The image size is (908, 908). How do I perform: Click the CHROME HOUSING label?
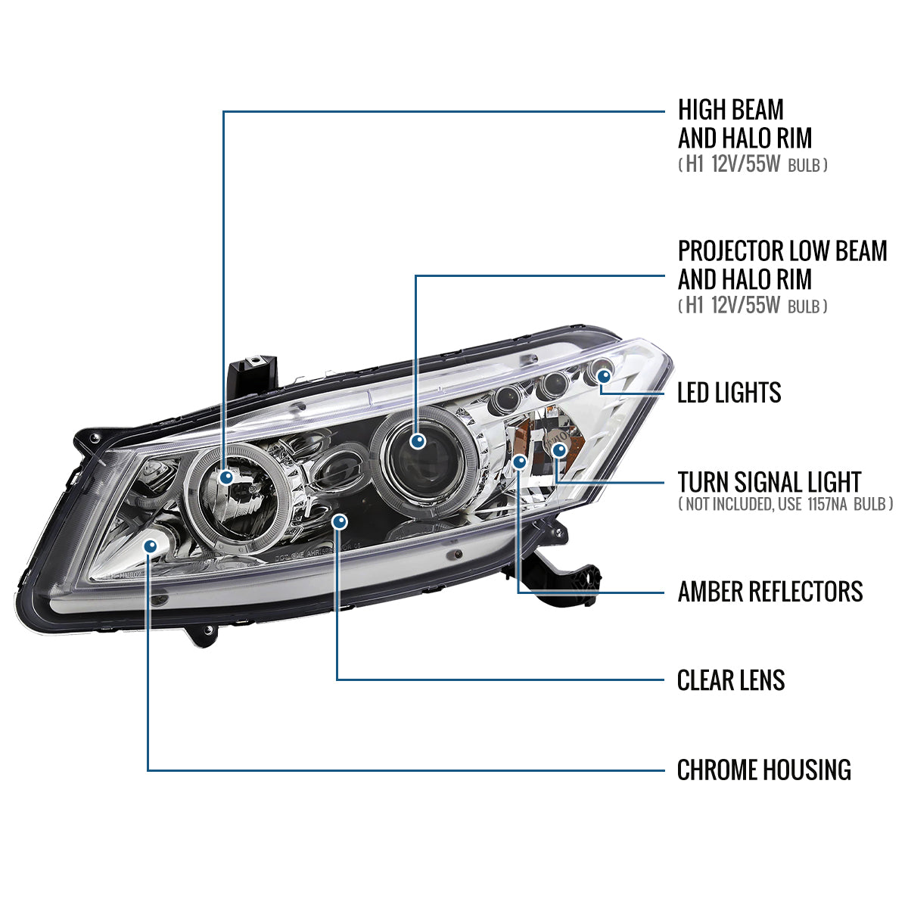pos(763,770)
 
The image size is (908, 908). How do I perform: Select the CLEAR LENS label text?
pos(730,680)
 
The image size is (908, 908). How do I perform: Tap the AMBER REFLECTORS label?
pos(770,591)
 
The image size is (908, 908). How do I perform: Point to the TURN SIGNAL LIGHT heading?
pos(769,482)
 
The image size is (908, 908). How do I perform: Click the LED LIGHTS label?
pos(729,393)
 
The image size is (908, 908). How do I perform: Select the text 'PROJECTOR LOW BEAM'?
pos(782,251)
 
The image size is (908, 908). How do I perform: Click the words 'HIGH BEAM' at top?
pos(730,110)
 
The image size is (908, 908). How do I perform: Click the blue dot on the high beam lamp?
pos(226,477)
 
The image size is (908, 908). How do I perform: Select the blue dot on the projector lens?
pos(416,441)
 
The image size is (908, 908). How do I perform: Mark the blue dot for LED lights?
pos(603,375)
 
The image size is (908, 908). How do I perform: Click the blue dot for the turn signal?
pos(558,451)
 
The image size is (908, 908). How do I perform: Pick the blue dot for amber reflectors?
pos(519,461)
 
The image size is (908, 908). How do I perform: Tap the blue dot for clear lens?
pos(340,521)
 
